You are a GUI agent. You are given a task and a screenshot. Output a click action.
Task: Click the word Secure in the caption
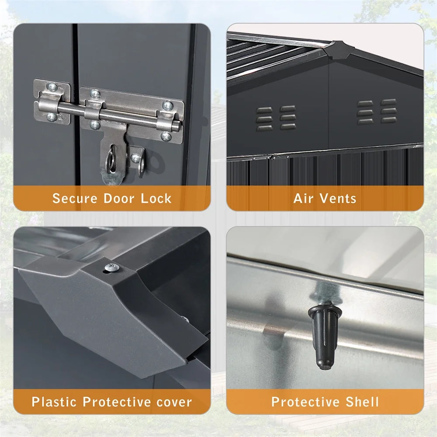coord(75,198)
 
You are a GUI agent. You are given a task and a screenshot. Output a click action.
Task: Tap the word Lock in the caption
coord(156,198)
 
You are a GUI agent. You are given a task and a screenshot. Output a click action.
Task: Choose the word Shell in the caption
coord(362,402)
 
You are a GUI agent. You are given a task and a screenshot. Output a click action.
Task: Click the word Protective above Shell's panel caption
coord(305,402)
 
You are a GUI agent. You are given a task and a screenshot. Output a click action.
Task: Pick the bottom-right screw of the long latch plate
coord(166,136)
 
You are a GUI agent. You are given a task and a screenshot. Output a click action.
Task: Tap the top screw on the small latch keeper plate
coord(52,87)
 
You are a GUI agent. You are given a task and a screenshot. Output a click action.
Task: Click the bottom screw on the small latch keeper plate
coord(52,117)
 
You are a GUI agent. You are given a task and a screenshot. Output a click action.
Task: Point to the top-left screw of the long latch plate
coord(95,94)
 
